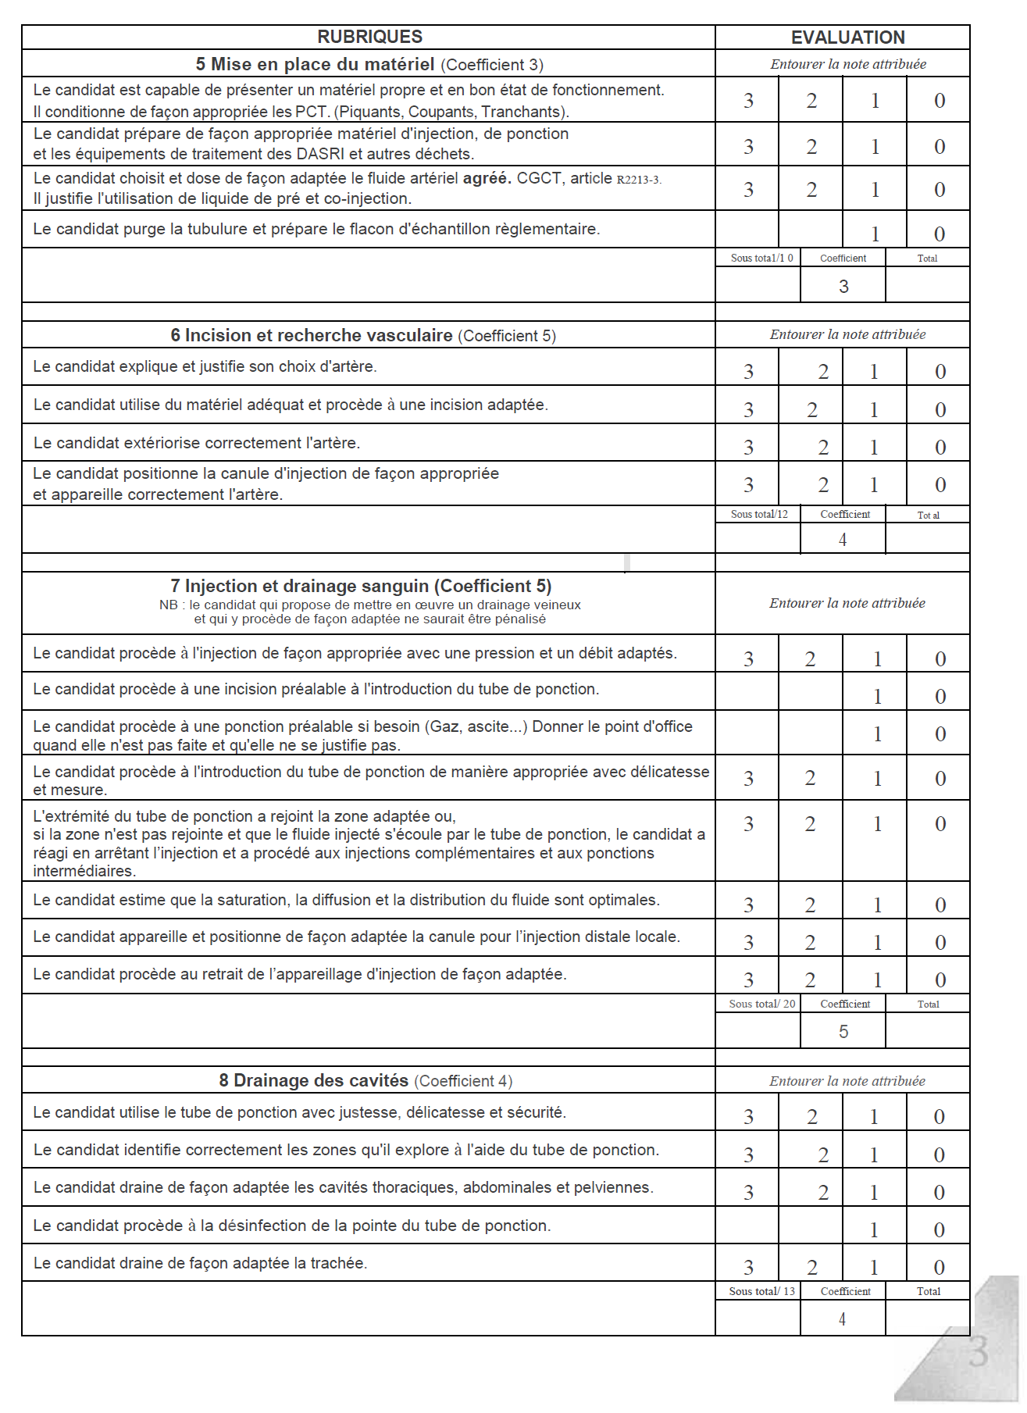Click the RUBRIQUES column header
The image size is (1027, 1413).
pyautogui.click(x=369, y=37)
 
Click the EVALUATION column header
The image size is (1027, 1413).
pyautogui.click(x=847, y=37)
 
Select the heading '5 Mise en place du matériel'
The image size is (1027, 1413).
pyautogui.click(x=315, y=64)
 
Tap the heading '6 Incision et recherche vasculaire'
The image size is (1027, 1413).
pyautogui.click(x=312, y=335)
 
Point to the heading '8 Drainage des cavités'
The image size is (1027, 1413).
pyautogui.click(x=313, y=1080)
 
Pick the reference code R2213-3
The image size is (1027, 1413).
pyautogui.click(x=638, y=180)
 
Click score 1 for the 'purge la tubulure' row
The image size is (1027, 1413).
pyautogui.click(x=875, y=234)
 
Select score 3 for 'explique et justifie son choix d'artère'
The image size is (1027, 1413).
pyautogui.click(x=748, y=372)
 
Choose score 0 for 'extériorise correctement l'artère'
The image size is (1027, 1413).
pyautogui.click(x=940, y=448)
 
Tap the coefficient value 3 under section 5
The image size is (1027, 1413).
pyautogui.click(x=843, y=287)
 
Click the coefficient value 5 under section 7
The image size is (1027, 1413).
pyautogui.click(x=843, y=1032)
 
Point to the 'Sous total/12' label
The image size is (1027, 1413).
pyautogui.click(x=759, y=514)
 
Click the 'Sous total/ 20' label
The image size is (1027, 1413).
pyautogui.click(x=761, y=1004)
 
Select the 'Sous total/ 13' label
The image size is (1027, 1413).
pyautogui.click(x=761, y=1291)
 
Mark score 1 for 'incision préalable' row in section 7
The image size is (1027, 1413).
pyautogui.click(x=877, y=697)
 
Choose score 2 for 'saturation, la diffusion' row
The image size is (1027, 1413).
pyautogui.click(x=811, y=905)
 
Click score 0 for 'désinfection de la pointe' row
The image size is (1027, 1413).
pyautogui.click(x=940, y=1230)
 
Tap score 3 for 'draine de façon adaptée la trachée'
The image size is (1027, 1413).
pyautogui.click(x=748, y=1268)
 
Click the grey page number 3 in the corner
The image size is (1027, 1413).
pyautogui.click(x=978, y=1351)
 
